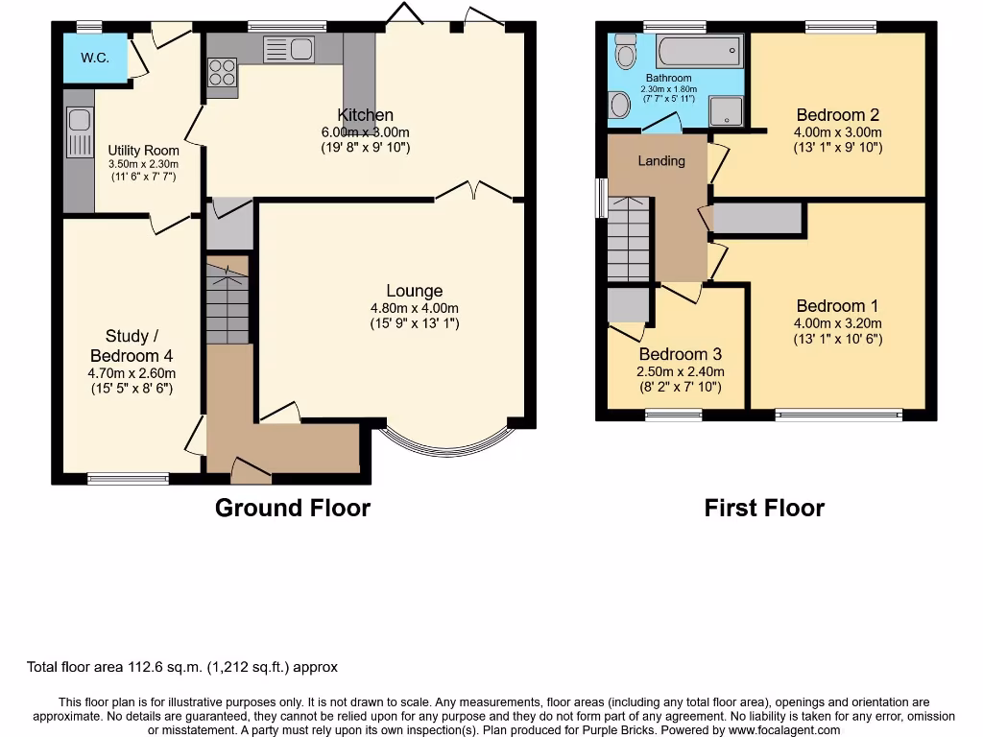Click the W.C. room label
pos(94,58)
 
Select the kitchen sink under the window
pos(288,49)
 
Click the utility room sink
pos(79,120)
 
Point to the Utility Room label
pos(143,151)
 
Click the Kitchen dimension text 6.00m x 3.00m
pos(365,132)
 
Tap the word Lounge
pos(415,291)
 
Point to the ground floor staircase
pos(228,302)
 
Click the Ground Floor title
pos(292,508)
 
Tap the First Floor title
pos(764,508)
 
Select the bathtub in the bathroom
pos(699,50)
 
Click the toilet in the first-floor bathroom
pos(625,51)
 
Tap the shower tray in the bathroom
pos(727,111)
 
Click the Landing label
pos(661,160)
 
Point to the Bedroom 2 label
pos(837,115)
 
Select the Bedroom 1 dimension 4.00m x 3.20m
pos(837,323)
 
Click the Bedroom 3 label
pos(680,354)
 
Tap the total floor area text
pos(181,667)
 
